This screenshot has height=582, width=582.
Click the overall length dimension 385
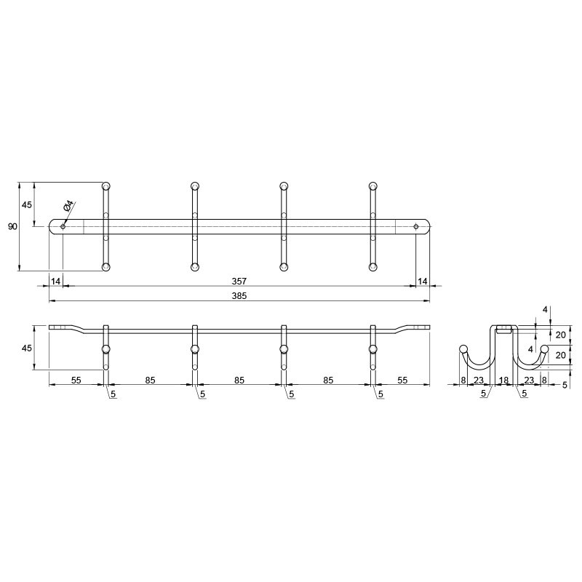tap(239, 296)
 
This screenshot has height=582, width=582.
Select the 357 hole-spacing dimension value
tap(239, 281)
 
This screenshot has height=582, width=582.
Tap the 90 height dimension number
tap(12, 226)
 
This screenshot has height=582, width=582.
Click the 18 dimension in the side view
tap(503, 380)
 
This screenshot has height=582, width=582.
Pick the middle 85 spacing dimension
tap(239, 380)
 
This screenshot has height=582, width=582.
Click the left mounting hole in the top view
tap(63, 226)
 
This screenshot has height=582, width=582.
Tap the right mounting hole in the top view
tap(415, 226)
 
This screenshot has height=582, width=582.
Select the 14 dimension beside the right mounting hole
tap(423, 282)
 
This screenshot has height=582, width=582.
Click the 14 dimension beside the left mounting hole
tap(56, 282)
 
